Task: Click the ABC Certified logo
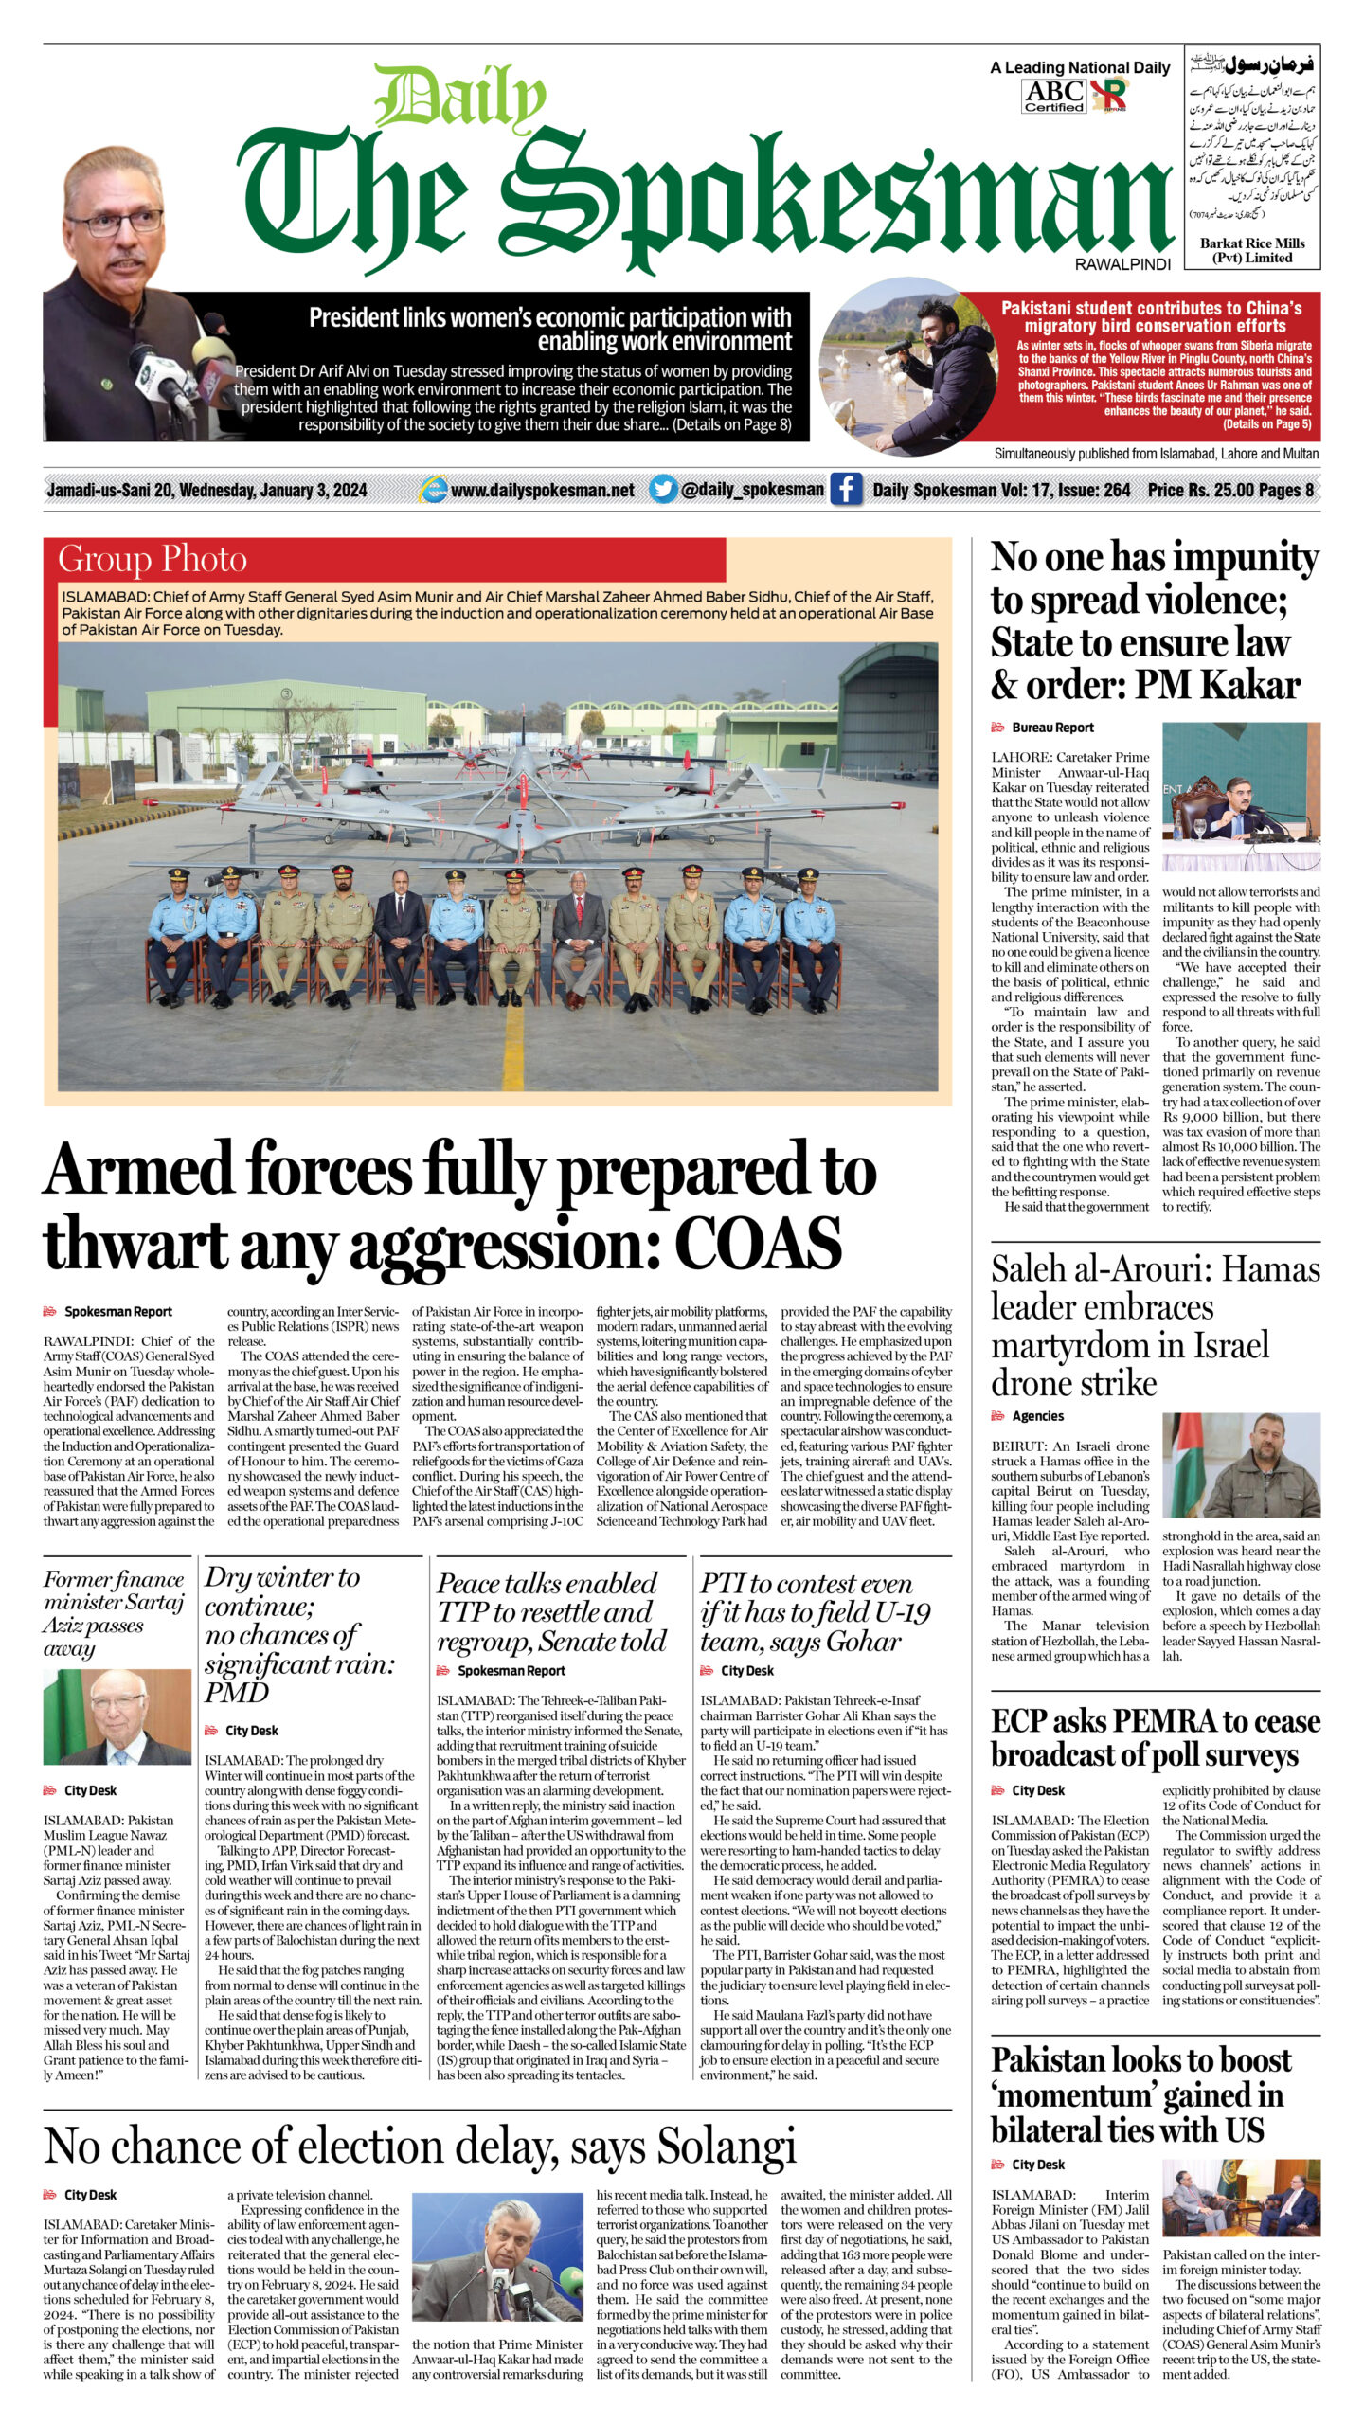(x=1053, y=95)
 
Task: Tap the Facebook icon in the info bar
(x=846, y=490)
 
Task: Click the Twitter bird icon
(x=663, y=490)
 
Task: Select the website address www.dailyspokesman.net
(x=542, y=490)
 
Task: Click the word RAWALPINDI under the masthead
(x=1122, y=264)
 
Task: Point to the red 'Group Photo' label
(x=152, y=559)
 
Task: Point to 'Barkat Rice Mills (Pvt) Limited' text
(x=1252, y=250)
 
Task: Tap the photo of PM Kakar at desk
(x=1241, y=796)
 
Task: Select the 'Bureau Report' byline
(x=1052, y=727)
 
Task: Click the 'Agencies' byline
(x=1037, y=1416)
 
